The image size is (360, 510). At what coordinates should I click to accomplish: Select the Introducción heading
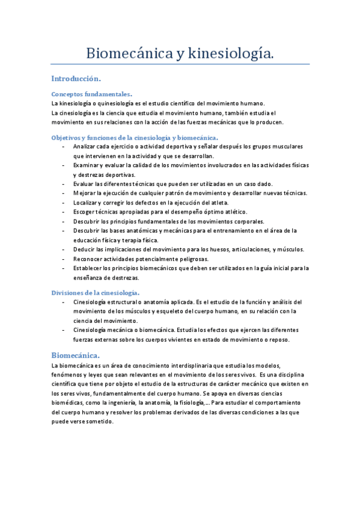pyautogui.click(x=76, y=79)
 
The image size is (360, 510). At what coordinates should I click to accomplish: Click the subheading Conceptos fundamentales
pyautogui.click(x=91, y=94)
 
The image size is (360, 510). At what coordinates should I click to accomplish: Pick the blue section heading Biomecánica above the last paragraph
pyautogui.click(x=75, y=355)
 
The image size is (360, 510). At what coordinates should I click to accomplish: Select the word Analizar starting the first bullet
pyautogui.click(x=85, y=147)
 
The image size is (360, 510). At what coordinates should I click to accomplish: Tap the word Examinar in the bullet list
pyautogui.click(x=87, y=165)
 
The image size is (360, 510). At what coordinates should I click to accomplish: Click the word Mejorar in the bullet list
pyautogui.click(x=85, y=192)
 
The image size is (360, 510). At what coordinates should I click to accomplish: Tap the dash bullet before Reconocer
pyautogui.click(x=64, y=259)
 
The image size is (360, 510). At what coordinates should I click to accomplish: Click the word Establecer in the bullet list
pyautogui.click(x=88, y=268)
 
